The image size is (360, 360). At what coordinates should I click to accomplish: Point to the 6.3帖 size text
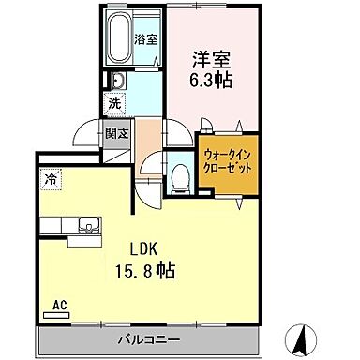click(x=209, y=81)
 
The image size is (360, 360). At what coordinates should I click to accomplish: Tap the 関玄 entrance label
click(x=117, y=133)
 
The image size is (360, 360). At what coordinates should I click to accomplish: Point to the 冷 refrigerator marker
click(x=48, y=177)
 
